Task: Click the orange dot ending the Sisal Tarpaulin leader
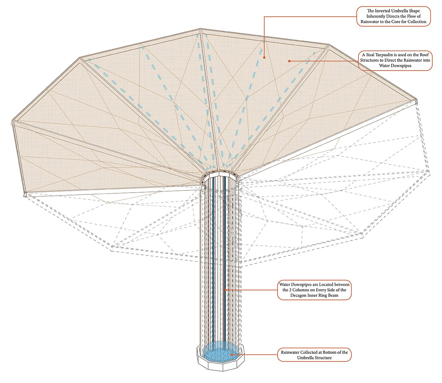[x=290, y=61]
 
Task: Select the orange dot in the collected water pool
[x=231, y=355]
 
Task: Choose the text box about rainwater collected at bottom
[x=314, y=355]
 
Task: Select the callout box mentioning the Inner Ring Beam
[x=314, y=290]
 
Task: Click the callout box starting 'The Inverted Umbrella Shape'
[x=393, y=17]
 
